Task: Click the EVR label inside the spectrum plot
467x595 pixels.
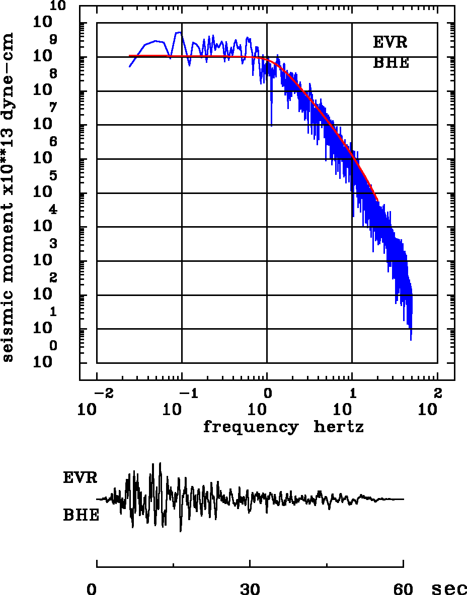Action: (390, 42)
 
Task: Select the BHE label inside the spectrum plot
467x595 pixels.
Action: (391, 63)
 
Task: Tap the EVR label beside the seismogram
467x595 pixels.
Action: (80, 477)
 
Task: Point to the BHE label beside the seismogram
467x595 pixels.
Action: (81, 515)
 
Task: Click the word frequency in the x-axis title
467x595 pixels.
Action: (250, 428)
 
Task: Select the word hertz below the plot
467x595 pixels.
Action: (338, 427)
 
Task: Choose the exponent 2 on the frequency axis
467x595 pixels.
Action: (437, 392)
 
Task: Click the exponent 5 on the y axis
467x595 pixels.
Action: (53, 176)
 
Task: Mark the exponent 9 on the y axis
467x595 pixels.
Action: (53, 39)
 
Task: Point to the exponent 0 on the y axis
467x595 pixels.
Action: (53, 346)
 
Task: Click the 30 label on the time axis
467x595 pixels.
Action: (250, 589)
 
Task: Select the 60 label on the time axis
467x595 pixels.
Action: (403, 589)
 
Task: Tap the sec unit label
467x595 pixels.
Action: (449, 589)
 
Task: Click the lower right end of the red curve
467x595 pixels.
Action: (377, 201)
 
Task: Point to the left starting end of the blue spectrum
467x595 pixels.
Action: (130, 66)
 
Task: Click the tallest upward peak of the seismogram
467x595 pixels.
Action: (160, 463)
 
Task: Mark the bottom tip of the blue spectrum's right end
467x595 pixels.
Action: (411, 340)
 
